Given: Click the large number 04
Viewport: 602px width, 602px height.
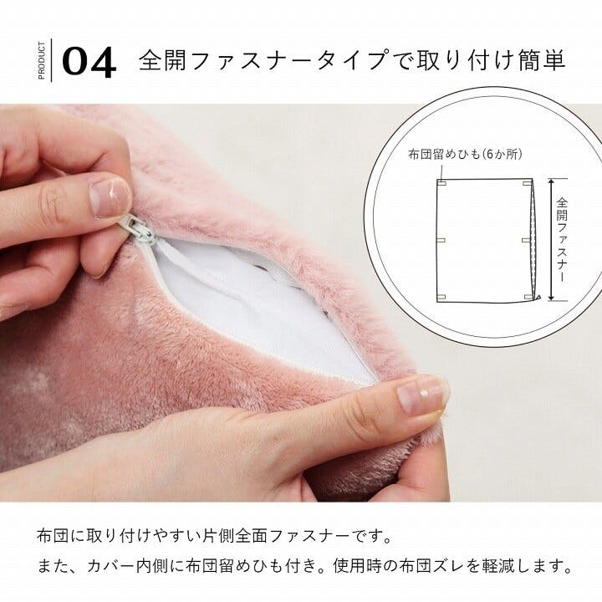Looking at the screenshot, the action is (x=89, y=62).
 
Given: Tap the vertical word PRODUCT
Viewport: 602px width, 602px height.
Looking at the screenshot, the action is (x=42, y=60).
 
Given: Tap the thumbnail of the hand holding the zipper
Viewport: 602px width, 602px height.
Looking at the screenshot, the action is (x=110, y=197).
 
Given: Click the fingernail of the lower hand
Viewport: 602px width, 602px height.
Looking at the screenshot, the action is (x=421, y=395).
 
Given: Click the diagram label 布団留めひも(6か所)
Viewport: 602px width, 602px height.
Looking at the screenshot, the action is (x=465, y=154).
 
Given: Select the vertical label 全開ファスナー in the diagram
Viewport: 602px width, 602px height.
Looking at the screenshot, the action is (x=561, y=240).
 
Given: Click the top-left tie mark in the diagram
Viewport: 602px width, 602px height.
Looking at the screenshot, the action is (x=441, y=183).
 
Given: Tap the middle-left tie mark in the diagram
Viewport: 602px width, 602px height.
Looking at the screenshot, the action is (x=441, y=240).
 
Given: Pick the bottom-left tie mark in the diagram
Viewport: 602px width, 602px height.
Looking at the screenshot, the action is (x=441, y=297).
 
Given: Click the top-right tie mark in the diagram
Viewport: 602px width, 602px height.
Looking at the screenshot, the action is (x=527, y=183).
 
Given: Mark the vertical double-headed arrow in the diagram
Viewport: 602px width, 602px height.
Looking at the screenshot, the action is (x=551, y=239).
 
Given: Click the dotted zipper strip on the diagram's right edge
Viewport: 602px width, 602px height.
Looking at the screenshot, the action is (x=533, y=240).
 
